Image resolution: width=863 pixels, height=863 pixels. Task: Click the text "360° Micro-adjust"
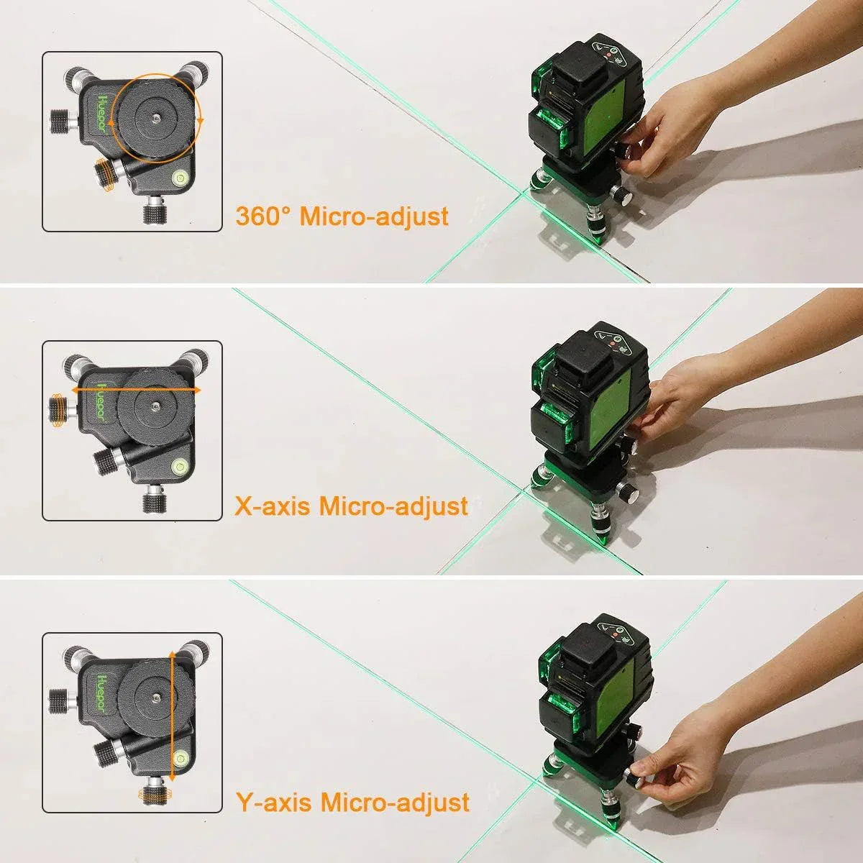342,216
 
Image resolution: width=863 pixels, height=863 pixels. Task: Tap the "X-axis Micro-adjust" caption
352,506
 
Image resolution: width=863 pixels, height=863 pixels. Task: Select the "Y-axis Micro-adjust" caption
352,802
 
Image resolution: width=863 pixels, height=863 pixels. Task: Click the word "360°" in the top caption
265,216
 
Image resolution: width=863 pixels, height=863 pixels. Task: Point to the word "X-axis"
273,506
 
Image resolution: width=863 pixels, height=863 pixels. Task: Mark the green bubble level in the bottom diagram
178,757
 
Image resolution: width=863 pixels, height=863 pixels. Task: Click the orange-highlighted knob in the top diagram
106,174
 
